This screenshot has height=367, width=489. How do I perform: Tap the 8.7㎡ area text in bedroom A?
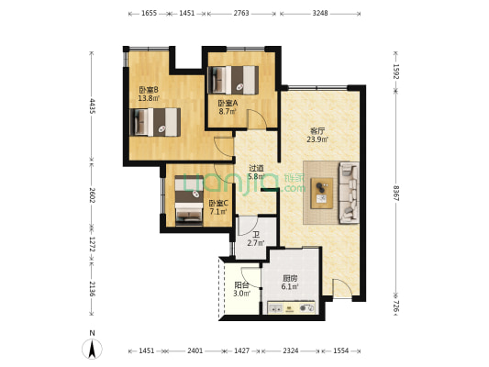(x=228, y=112)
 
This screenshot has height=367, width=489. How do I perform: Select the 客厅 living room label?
(x=317, y=130)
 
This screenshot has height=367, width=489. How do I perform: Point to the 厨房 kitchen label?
(x=290, y=278)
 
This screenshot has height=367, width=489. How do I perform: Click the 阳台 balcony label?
(x=241, y=284)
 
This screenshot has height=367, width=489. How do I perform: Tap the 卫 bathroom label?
(x=256, y=235)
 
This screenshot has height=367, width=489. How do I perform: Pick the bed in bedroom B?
(x=155, y=122)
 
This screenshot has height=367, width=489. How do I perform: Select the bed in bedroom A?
(x=233, y=80)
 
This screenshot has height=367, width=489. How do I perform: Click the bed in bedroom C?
(x=189, y=201)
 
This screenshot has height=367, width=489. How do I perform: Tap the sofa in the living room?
(x=349, y=193)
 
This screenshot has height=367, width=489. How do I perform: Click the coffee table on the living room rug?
(x=322, y=194)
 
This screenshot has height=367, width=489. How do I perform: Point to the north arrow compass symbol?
(x=92, y=349)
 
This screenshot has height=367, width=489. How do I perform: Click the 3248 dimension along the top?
(x=320, y=13)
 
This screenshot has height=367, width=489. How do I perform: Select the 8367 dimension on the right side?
(x=396, y=194)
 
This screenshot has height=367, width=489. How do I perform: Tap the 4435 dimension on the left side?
(x=93, y=106)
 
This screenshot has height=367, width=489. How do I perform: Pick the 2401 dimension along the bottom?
(x=195, y=350)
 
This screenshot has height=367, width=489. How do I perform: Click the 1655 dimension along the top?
(x=149, y=13)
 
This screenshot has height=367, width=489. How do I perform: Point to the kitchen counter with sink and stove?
(x=291, y=307)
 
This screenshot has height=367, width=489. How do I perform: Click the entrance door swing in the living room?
(x=342, y=288)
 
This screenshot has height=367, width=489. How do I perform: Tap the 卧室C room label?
(x=218, y=204)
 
